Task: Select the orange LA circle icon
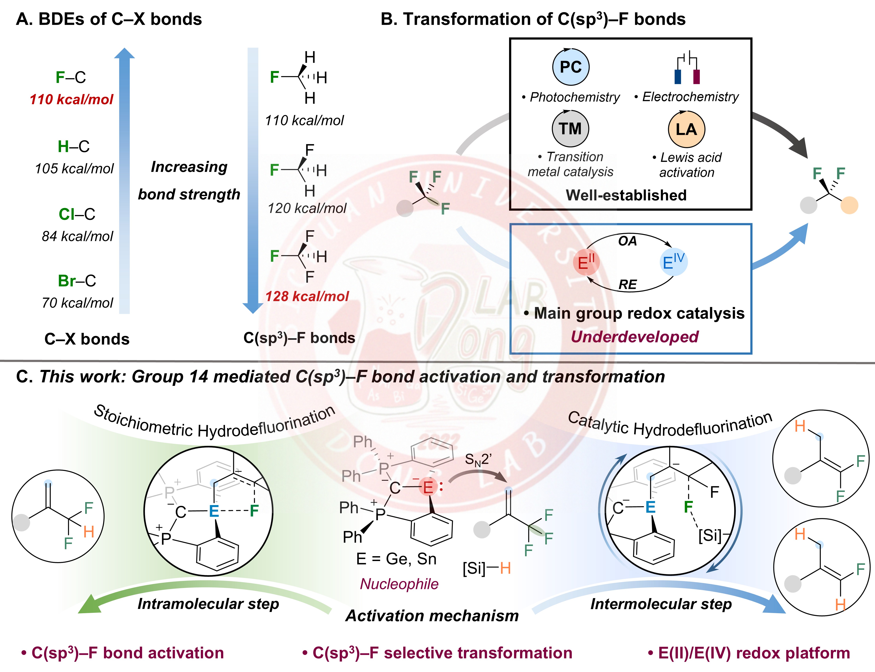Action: pos(686,129)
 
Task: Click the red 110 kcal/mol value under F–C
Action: pos(72,99)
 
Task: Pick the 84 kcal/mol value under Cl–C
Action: pos(78,236)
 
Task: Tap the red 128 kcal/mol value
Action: pos(307,296)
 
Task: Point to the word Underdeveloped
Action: pos(635,337)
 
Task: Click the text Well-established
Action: pos(626,195)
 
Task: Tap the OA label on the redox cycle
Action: pos(627,241)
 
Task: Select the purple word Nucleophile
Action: pos(399,584)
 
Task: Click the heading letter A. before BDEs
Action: pos(24,19)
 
